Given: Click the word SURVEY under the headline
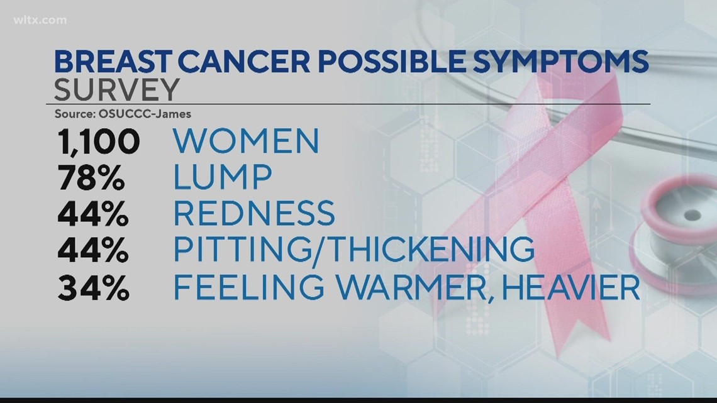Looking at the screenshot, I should [x=116, y=90].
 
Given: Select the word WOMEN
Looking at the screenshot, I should [x=246, y=141].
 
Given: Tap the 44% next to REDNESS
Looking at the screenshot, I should [x=93, y=213].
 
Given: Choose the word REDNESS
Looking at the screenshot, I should [x=254, y=213].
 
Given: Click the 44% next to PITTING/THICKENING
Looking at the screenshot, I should [x=93, y=250].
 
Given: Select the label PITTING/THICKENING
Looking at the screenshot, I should [x=353, y=250].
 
